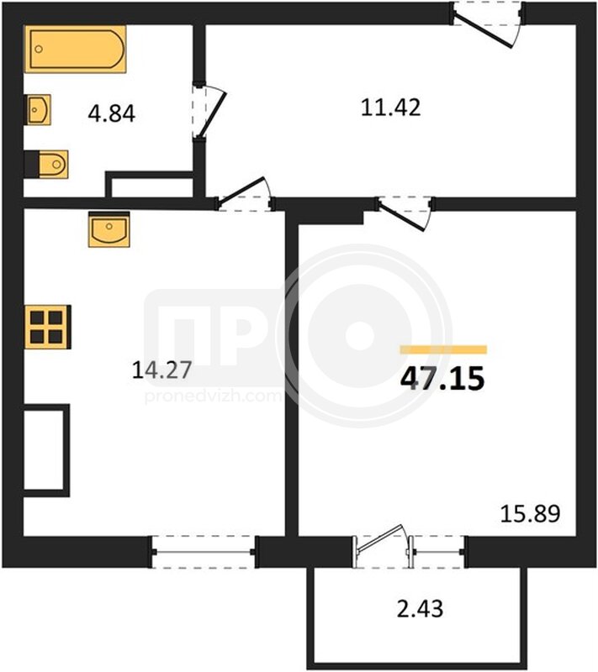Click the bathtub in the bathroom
coord(76,49)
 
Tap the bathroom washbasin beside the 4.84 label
coord(39,110)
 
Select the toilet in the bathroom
coord(46,164)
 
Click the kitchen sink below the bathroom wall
coord(109,229)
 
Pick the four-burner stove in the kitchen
coord(48,327)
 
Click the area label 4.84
coord(112,114)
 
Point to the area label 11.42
coord(391,108)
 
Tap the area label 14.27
coord(161,370)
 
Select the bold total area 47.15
coord(442,379)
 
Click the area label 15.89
coord(530,513)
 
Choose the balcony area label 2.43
coord(420,608)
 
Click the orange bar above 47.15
coord(443,349)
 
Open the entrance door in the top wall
coord(487,24)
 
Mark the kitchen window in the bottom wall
coord(204,552)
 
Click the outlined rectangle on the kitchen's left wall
coord(46,450)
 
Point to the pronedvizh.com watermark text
coord(213,396)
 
